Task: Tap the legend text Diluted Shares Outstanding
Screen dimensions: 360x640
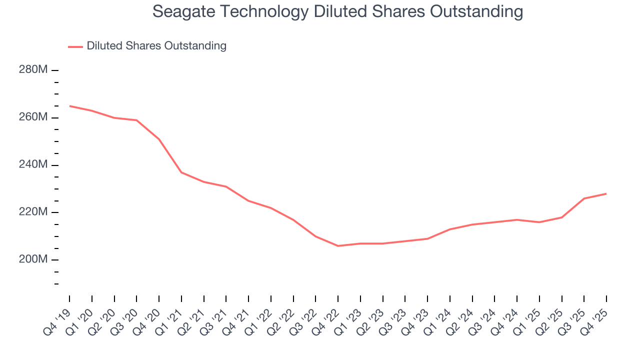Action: pyautogui.click(x=156, y=46)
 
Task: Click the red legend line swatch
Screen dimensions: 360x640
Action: pyautogui.click(x=75, y=46)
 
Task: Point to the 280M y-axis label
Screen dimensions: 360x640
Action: pyautogui.click(x=33, y=70)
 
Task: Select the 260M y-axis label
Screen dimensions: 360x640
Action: pyautogui.click(x=33, y=117)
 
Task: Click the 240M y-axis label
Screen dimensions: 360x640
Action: pyautogui.click(x=33, y=165)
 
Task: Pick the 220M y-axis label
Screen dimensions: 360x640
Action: pyautogui.click(x=33, y=212)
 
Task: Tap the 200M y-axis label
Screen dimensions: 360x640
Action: pyautogui.click(x=33, y=260)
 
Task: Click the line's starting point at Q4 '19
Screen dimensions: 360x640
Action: pyautogui.click(x=69, y=106)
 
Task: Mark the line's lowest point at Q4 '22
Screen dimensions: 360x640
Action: pyautogui.click(x=338, y=246)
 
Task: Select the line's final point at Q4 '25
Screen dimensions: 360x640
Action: pyautogui.click(x=606, y=193)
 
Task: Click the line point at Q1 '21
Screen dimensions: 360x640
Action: pyautogui.click(x=181, y=172)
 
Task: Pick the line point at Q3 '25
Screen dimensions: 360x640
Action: pyautogui.click(x=584, y=198)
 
